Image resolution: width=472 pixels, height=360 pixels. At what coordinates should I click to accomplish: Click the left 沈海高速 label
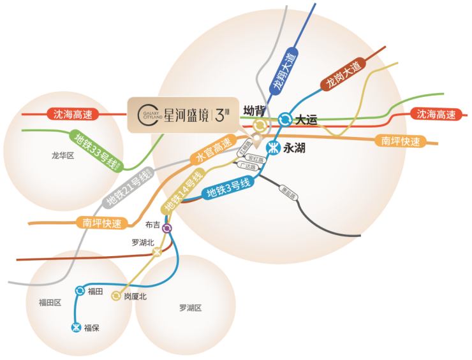pos(73,115)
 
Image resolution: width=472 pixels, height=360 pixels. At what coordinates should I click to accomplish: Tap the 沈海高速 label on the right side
pos(436,115)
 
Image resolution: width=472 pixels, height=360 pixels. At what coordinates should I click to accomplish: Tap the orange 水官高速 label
pos(213,151)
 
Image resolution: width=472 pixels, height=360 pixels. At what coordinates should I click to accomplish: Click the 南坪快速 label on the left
pos(101,222)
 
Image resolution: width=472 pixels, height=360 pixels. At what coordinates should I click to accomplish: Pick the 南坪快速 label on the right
pos(401,141)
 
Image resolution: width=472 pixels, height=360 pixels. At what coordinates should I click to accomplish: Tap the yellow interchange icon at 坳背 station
pos(260,126)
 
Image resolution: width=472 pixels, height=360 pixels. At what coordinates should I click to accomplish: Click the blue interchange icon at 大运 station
pos(284,119)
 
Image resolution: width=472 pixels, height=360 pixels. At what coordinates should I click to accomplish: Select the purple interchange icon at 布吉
pos(167,228)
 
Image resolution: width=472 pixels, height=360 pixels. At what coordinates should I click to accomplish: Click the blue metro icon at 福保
pos(76,328)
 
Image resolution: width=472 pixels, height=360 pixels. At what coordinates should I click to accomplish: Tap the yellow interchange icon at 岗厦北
pos(116,296)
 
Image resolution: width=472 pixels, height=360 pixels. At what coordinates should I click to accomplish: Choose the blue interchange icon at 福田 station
pos(80,291)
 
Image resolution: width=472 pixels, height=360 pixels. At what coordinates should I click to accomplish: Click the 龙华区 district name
pos(63,155)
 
